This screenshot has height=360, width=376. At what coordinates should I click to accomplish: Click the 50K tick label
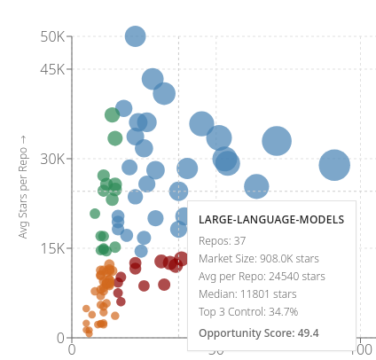(51, 37)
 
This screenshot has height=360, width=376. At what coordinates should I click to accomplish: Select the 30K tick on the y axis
(51, 160)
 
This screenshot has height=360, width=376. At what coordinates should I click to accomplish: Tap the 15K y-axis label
(51, 249)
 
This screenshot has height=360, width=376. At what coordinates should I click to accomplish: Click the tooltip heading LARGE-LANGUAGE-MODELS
(271, 220)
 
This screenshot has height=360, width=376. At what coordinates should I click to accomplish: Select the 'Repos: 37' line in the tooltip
(223, 241)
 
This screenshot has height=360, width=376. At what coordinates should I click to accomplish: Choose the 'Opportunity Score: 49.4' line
(259, 333)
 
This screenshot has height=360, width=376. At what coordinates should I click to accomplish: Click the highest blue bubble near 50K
(135, 36)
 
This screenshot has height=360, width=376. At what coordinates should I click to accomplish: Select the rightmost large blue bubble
(334, 164)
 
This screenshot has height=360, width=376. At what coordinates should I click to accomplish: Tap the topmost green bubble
(113, 115)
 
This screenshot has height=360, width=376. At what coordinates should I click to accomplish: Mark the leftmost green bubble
(95, 214)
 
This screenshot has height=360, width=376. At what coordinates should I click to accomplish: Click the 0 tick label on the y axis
(59, 339)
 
